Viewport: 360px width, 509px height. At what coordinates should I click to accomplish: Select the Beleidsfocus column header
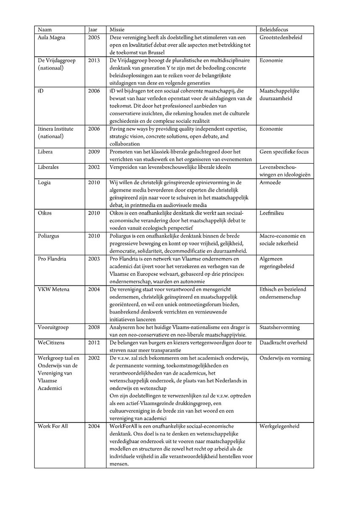click(x=275, y=30)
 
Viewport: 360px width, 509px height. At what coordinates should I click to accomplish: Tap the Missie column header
click(x=117, y=30)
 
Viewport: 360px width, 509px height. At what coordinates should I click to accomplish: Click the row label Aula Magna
click(x=52, y=38)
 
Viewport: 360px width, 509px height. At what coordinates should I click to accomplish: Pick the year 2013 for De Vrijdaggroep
click(x=94, y=61)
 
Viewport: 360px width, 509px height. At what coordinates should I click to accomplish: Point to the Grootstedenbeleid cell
click(x=281, y=38)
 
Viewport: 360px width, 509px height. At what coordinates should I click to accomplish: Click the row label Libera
click(x=45, y=152)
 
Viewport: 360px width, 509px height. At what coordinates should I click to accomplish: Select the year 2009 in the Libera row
click(x=94, y=152)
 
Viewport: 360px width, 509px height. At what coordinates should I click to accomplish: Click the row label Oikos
click(x=45, y=213)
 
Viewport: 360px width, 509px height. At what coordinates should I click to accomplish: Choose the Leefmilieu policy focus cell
click(x=271, y=213)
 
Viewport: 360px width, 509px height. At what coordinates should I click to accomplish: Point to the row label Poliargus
click(x=49, y=236)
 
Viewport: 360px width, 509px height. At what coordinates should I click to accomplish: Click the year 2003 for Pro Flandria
click(x=94, y=259)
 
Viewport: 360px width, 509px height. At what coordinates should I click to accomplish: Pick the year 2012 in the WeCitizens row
click(x=94, y=343)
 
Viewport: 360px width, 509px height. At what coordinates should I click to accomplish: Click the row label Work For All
click(x=53, y=426)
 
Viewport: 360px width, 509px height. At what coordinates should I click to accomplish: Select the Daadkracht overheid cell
click(x=283, y=343)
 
